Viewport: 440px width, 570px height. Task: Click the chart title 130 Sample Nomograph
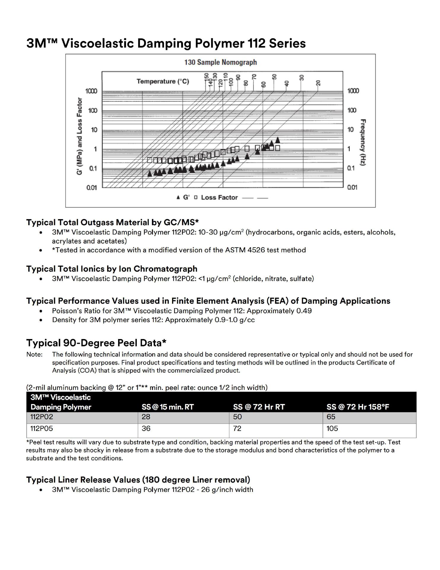tap(220, 62)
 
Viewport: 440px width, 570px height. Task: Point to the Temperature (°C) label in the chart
tap(163, 81)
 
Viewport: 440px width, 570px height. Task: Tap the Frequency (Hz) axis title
tap(363, 142)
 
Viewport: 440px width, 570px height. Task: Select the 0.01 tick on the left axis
tap(91, 188)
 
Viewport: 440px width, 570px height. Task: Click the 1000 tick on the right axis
tap(353, 91)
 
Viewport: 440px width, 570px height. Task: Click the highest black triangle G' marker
tap(277, 140)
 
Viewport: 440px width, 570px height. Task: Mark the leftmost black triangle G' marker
tap(150, 173)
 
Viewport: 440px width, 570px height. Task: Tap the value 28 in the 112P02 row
tap(146, 417)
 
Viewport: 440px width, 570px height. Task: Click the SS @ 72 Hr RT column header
tap(259, 407)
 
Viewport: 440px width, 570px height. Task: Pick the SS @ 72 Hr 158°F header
tap(358, 407)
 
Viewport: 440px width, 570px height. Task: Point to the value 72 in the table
tap(237, 428)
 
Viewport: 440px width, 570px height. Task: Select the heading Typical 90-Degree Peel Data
tap(96, 343)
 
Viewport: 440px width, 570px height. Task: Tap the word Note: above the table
tap(34, 354)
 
